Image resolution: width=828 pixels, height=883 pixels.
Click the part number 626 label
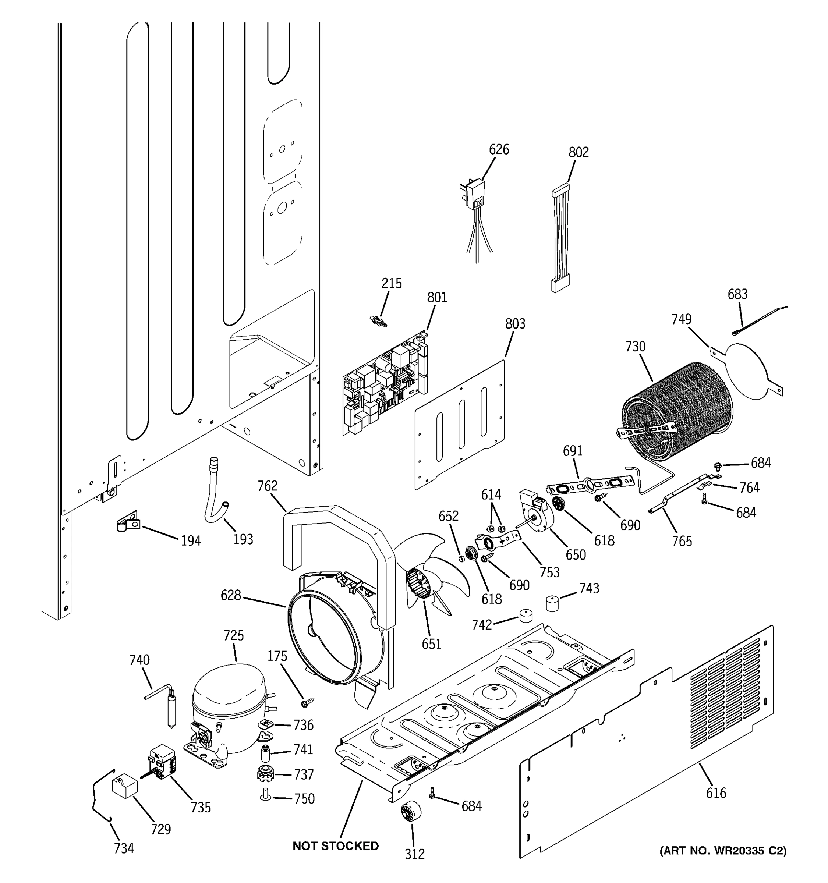click(499, 150)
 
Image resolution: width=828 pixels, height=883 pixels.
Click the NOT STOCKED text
click(335, 846)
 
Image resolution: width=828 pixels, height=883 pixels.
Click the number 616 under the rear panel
click(716, 793)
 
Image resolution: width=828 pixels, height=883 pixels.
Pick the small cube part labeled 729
click(125, 789)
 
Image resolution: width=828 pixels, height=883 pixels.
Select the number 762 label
click(268, 486)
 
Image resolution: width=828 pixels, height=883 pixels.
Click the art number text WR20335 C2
click(723, 851)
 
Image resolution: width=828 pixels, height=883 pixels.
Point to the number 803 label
click(515, 324)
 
